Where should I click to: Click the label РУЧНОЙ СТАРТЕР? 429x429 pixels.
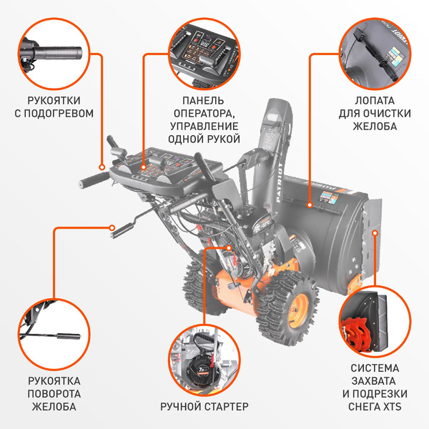(204, 406)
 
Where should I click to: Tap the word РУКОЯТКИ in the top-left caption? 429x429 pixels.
(54, 100)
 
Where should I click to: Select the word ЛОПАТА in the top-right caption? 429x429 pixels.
(375, 100)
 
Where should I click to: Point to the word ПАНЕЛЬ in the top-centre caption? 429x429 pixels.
(203, 100)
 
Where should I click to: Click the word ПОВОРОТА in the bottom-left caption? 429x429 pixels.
(54, 394)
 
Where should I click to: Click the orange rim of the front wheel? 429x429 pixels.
(297, 311)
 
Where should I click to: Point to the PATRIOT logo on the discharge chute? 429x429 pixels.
(280, 182)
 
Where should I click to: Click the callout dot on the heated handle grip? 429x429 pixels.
(102, 167)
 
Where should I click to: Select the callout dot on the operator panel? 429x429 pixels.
(144, 167)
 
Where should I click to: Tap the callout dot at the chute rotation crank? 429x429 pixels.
(112, 227)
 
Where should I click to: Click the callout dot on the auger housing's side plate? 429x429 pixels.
(375, 233)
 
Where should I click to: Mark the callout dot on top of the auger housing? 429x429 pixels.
(310, 204)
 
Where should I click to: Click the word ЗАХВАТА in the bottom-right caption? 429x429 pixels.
(375, 381)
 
